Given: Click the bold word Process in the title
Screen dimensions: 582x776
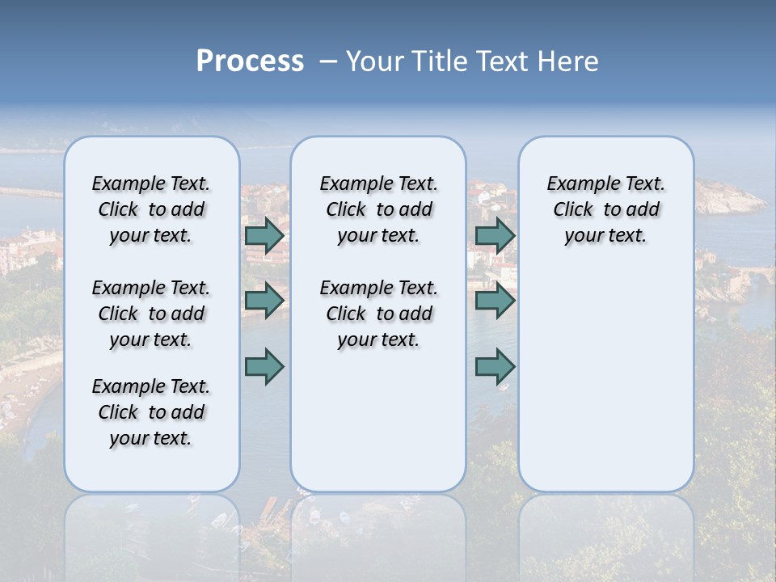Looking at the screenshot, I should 250,61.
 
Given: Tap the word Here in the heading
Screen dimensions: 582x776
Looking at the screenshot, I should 566,61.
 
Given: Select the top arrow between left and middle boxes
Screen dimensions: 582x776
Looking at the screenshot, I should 264,235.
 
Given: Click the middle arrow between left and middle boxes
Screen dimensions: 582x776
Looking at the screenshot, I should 264,301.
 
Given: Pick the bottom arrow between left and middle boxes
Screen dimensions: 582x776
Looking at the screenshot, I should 264,366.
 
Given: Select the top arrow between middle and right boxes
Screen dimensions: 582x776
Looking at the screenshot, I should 495,235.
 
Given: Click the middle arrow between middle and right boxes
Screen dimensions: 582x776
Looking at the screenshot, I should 495,301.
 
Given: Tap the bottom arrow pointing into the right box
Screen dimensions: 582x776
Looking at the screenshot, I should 495,366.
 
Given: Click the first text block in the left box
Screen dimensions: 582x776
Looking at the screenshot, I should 151,209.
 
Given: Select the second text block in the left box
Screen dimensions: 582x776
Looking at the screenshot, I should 151,314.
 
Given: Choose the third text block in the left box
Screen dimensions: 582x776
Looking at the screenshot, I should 151,412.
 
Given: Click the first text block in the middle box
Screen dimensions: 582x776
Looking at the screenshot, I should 378,209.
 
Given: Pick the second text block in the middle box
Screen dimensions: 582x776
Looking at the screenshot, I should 378,314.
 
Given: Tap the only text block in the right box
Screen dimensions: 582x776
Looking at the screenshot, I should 605,209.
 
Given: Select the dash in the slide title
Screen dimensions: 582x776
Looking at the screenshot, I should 328,61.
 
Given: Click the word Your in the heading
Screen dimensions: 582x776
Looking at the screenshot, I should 375,61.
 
